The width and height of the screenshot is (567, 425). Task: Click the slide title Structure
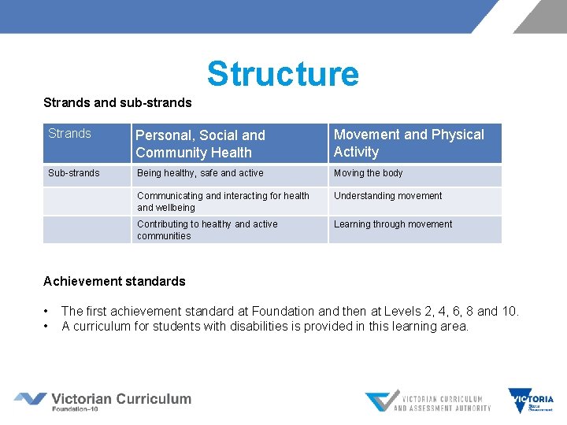click(283, 74)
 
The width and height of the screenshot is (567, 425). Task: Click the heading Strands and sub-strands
click(117, 102)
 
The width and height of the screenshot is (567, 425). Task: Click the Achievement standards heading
click(114, 281)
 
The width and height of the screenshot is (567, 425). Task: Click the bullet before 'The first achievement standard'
click(47, 311)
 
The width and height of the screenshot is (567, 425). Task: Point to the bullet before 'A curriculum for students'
click(47, 326)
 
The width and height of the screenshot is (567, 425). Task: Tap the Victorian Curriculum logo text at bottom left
click(120, 399)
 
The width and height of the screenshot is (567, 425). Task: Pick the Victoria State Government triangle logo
click(531, 401)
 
